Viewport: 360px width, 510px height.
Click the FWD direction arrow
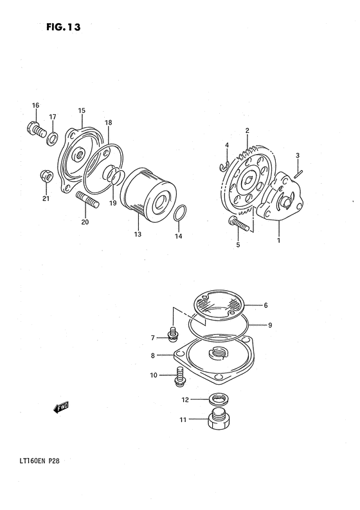tap(61, 407)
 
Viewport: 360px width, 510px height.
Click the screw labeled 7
tap(172, 334)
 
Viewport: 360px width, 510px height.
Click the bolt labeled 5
tap(237, 224)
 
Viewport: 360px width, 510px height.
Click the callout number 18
tap(108, 123)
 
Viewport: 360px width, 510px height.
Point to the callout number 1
tap(278, 241)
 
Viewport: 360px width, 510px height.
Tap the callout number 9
tap(270, 325)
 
